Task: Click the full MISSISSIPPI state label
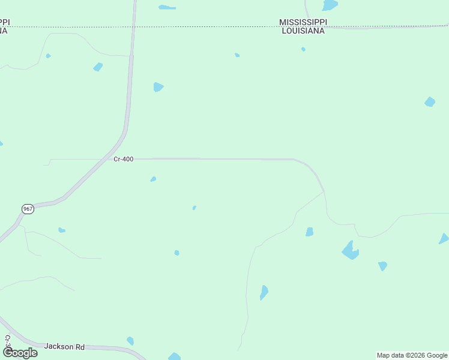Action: pyautogui.click(x=303, y=22)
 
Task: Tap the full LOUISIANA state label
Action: pyautogui.click(x=303, y=31)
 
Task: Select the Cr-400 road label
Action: pyautogui.click(x=123, y=159)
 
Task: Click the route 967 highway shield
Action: pyautogui.click(x=28, y=209)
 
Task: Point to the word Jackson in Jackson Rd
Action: pyautogui.click(x=59, y=347)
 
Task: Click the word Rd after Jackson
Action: pyautogui.click(x=80, y=347)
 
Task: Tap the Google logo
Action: pyautogui.click(x=20, y=353)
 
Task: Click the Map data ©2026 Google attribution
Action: pyautogui.click(x=412, y=355)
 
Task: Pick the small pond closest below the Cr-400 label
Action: pyautogui.click(x=153, y=179)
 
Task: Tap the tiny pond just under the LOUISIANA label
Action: pyautogui.click(x=303, y=49)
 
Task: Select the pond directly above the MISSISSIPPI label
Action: pyautogui.click(x=330, y=5)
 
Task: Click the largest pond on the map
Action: pyautogui.click(x=350, y=250)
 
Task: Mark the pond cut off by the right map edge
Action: pyautogui.click(x=444, y=239)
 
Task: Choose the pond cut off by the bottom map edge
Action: pyautogui.click(x=174, y=357)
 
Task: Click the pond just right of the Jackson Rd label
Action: pyautogui.click(x=130, y=341)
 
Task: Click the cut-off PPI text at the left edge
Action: pyautogui.click(x=4, y=22)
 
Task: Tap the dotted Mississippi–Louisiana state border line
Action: pyautogui.click(x=180, y=26)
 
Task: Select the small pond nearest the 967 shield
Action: pyautogui.click(x=61, y=230)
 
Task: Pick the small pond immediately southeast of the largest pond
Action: pyautogui.click(x=382, y=266)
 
